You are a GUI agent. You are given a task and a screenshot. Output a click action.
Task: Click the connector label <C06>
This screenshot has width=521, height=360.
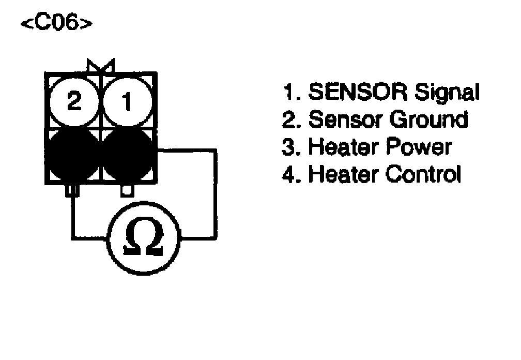tap(57, 24)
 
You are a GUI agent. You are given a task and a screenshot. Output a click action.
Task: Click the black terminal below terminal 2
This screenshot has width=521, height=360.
tap(74, 154)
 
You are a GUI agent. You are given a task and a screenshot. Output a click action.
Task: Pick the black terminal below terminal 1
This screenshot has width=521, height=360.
tap(128, 154)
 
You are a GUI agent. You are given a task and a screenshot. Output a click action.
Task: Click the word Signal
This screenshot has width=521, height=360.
tap(448, 94)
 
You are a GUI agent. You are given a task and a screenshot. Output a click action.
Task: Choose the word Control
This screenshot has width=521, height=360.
tap(423, 174)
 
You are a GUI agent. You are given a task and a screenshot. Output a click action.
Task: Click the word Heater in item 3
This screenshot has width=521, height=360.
tap(343, 147)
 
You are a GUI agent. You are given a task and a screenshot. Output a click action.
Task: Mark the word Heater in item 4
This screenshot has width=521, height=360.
tap(343, 174)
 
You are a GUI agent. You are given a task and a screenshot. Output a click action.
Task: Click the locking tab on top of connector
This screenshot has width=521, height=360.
tap(101, 66)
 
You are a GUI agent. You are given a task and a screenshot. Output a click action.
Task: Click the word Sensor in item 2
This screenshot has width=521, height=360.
tap(344, 119)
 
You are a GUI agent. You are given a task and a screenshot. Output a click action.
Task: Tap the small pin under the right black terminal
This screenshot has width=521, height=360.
tap(127, 191)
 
